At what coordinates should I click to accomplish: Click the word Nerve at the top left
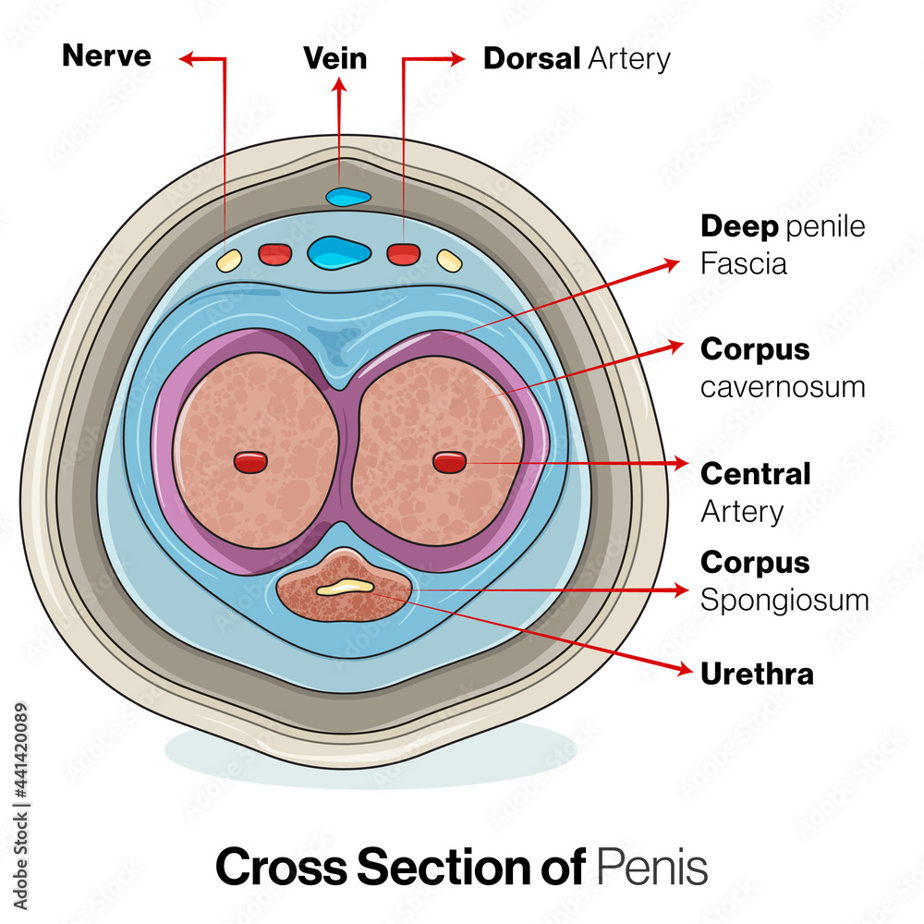106,56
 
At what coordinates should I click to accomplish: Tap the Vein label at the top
335,59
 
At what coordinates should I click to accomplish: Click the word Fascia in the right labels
744,264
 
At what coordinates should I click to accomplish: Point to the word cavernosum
783,386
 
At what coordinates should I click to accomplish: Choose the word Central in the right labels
755,474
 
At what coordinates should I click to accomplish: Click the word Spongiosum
784,600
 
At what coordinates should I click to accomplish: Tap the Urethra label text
757,674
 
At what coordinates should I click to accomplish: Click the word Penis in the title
652,868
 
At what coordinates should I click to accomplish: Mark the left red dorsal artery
274,254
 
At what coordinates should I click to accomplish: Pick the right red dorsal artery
403,253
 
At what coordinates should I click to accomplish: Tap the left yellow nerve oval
228,260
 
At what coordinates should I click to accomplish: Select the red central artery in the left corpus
250,462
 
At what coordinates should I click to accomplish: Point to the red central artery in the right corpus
449,461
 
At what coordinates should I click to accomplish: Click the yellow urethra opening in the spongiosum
345,586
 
